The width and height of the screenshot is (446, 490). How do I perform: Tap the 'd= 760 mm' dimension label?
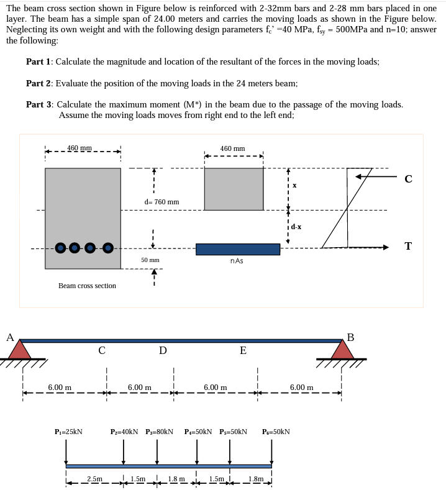click(162, 202)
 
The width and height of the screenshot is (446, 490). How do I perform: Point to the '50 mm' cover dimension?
click(150, 260)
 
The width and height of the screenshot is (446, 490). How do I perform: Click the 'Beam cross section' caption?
click(87, 286)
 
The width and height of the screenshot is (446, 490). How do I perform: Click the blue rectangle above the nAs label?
click(237, 249)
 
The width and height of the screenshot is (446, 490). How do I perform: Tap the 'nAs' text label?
click(237, 261)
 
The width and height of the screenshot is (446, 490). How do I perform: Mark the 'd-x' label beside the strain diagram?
click(296, 227)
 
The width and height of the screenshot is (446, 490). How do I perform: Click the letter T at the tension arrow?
click(407, 247)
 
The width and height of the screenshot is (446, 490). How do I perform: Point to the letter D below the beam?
click(162, 351)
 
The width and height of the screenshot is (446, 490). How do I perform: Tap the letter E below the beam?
click(243, 351)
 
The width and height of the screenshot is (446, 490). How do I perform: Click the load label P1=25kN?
click(68, 431)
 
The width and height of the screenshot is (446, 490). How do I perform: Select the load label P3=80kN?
click(159, 431)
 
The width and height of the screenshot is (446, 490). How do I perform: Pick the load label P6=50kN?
click(276, 431)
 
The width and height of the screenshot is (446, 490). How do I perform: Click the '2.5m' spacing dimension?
click(94, 479)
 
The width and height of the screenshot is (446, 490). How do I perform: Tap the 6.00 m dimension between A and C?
click(59, 388)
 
